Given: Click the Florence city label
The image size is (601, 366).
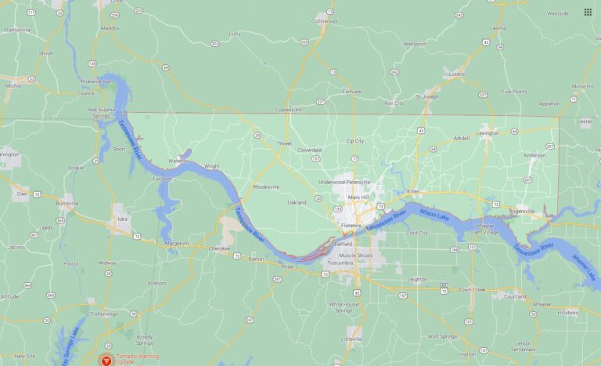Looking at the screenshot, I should [351, 225].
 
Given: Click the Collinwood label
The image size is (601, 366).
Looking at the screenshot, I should [323, 21].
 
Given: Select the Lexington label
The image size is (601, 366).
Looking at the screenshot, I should [488, 133].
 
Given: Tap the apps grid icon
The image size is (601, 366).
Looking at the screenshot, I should [588, 12].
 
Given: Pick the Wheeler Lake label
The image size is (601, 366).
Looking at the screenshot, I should [584, 267].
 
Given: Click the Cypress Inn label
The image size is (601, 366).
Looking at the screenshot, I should [288, 109].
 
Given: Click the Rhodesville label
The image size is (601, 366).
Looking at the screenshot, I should [266, 187].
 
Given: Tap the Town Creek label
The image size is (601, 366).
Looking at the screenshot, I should [473, 289].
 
